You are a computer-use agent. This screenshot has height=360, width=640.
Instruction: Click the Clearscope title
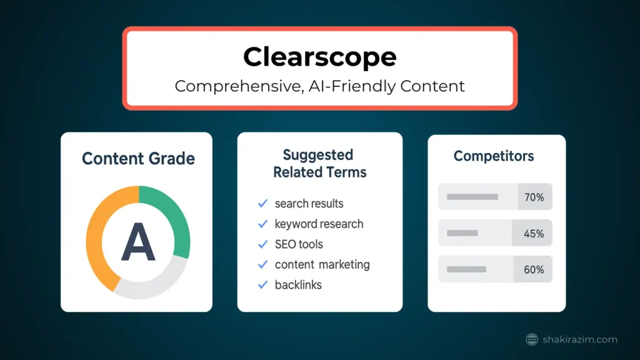click(319, 57)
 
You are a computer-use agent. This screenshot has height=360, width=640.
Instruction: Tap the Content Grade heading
click(138, 159)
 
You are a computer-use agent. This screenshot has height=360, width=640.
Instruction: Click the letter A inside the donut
click(138, 242)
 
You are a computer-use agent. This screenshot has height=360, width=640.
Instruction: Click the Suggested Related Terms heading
click(319, 164)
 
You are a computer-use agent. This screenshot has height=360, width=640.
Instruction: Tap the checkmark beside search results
click(263, 203)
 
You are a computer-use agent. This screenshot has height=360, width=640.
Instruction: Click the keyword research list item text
click(319, 224)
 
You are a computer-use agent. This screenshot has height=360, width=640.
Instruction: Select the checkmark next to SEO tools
click(263, 244)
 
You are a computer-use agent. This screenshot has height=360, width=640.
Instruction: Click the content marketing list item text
click(322, 264)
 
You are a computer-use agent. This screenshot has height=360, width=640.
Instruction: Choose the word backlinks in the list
click(298, 285)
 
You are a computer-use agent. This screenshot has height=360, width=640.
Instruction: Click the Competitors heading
click(494, 156)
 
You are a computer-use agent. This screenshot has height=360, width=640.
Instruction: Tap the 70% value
click(534, 197)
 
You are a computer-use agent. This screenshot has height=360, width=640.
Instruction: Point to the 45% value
click(534, 234)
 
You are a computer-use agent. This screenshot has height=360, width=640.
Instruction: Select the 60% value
click(534, 269)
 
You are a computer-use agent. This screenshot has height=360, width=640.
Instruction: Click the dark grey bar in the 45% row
click(462, 233)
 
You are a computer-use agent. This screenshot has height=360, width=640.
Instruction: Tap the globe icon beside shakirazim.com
click(532, 339)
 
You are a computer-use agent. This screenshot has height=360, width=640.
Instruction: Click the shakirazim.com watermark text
click(580, 339)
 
